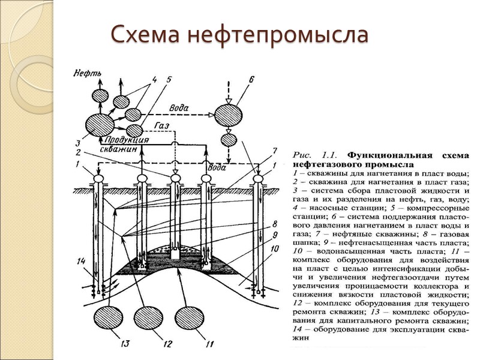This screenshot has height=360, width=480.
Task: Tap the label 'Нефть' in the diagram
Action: [x=87, y=74]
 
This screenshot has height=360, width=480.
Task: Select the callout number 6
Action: [x=251, y=80]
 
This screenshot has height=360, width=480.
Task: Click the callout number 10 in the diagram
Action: [x=275, y=248]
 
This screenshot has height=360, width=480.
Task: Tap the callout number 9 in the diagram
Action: [x=275, y=236]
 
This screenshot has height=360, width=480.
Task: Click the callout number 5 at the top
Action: [x=169, y=79]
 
